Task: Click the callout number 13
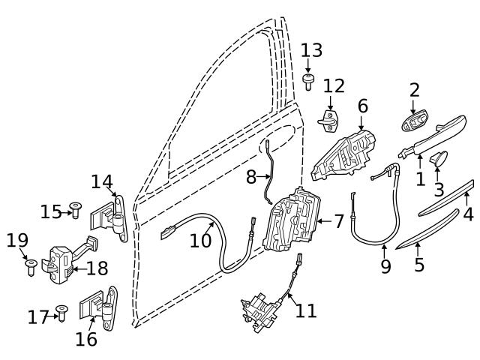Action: [311, 50]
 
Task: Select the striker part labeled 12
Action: [328, 118]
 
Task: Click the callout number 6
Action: [362, 106]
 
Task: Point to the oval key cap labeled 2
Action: [414, 122]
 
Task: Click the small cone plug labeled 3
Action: [438, 158]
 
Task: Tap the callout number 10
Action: [200, 241]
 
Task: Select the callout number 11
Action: [306, 310]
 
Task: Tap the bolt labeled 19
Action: [31, 266]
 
